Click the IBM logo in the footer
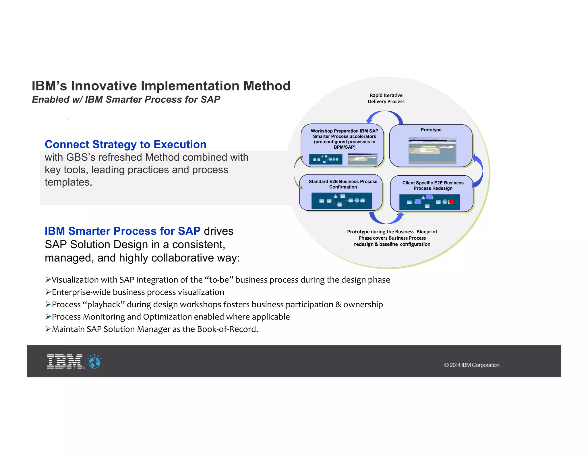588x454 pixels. click(65, 361)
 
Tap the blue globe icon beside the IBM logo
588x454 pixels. click(94, 362)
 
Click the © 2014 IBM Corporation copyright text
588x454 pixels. click(472, 365)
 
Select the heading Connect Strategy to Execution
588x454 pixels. click(125, 144)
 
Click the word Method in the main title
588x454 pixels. click(267, 86)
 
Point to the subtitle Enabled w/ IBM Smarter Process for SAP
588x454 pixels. click(126, 99)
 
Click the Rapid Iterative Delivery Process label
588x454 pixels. click(386, 98)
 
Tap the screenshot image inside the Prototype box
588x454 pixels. click(432, 150)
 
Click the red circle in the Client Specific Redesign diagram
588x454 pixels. click(451, 202)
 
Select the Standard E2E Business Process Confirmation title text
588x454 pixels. click(343, 184)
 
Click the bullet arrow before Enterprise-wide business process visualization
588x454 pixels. click(48, 292)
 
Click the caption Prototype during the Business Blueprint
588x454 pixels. click(392, 232)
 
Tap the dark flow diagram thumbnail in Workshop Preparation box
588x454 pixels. click(326, 159)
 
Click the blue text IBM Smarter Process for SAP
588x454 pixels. click(122, 231)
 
